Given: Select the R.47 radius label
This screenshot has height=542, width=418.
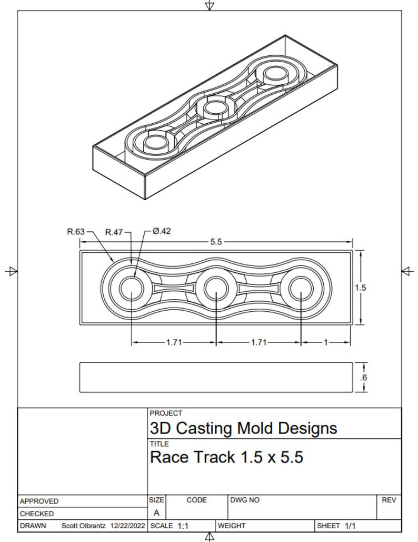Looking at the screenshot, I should (x=114, y=232).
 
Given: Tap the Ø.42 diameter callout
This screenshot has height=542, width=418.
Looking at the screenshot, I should (x=162, y=231).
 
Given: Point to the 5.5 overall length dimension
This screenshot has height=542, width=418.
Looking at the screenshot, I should (x=216, y=242).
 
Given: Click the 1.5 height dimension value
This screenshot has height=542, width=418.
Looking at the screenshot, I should (x=360, y=288).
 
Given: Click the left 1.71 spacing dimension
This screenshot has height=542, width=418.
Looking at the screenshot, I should (x=174, y=342).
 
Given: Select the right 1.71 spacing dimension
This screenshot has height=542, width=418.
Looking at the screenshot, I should (x=258, y=342).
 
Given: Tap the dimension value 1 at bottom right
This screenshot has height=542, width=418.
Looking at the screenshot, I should (x=325, y=342).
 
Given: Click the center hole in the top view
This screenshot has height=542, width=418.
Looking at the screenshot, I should (x=216, y=288).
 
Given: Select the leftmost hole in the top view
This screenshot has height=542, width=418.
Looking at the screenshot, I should (x=131, y=288).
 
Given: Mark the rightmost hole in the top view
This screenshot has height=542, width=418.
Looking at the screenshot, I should (x=300, y=288).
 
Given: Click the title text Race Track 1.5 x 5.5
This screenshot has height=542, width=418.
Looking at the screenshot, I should (x=226, y=457).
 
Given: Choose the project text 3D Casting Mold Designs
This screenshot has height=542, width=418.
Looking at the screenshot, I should (x=243, y=428).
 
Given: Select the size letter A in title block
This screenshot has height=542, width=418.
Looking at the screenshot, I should (x=157, y=513).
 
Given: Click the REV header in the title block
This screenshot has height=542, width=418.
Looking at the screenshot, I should (x=388, y=500).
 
